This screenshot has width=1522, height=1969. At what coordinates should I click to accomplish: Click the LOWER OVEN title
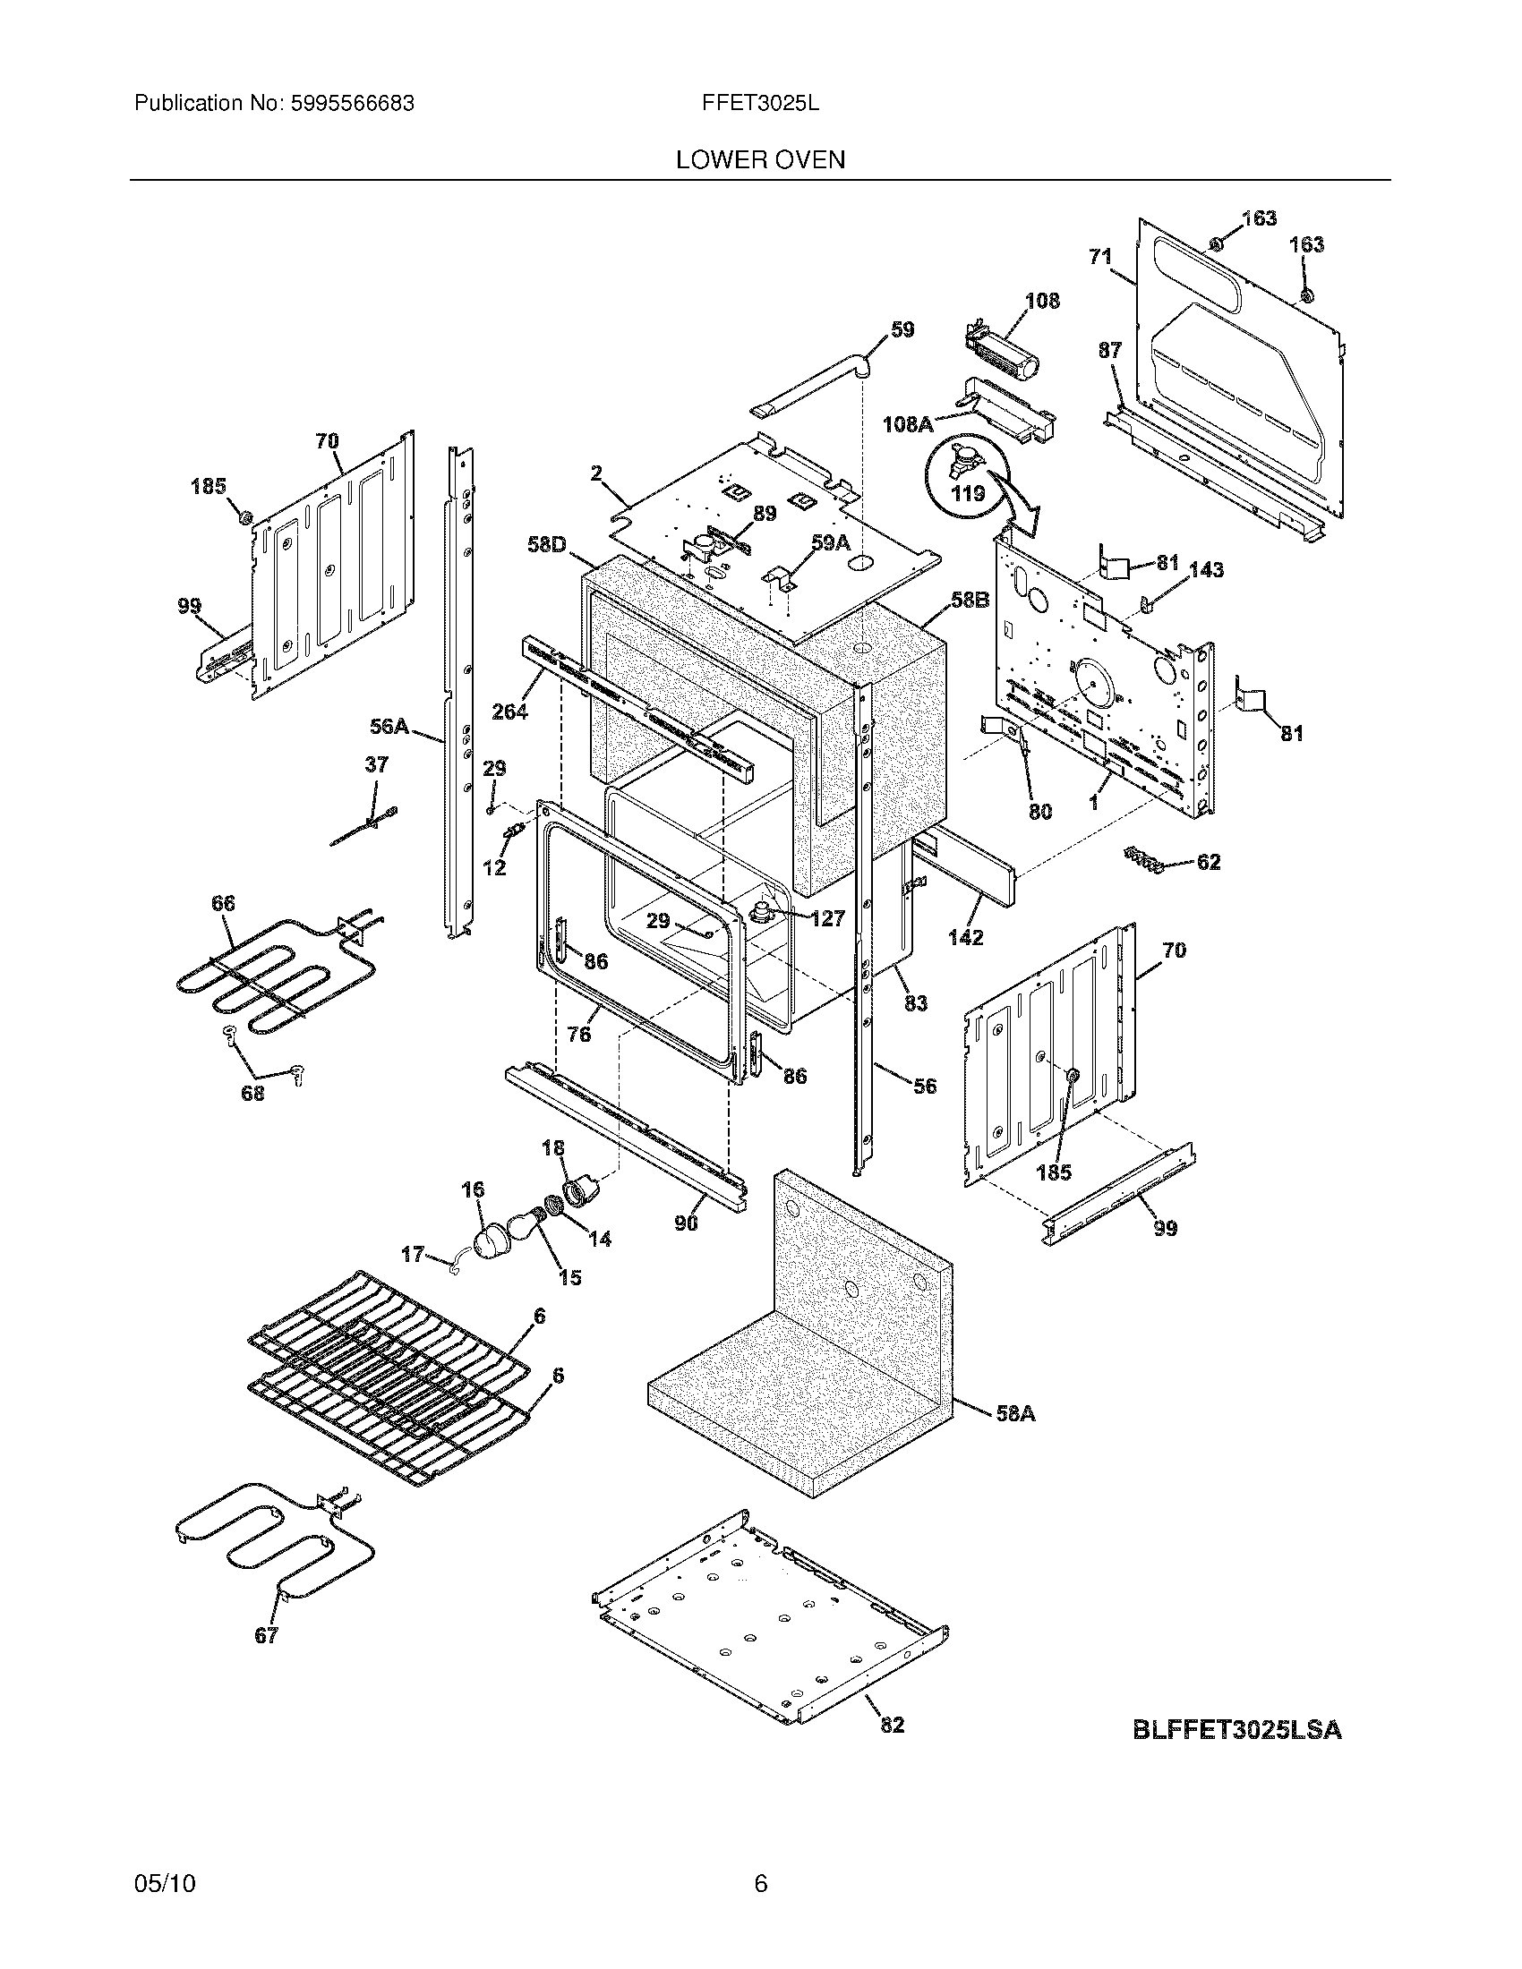coord(760,159)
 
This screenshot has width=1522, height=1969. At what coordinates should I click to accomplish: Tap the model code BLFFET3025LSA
coord(1236,1730)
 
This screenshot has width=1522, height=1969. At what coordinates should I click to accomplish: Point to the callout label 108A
coord(908,423)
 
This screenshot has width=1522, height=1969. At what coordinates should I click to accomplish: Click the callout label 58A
coord(1015,1413)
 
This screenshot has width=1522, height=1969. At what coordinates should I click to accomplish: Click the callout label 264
coord(509,712)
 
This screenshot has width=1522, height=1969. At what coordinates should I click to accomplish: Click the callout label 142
coord(965,937)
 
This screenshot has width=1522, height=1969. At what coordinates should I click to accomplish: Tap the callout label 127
coord(827,917)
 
